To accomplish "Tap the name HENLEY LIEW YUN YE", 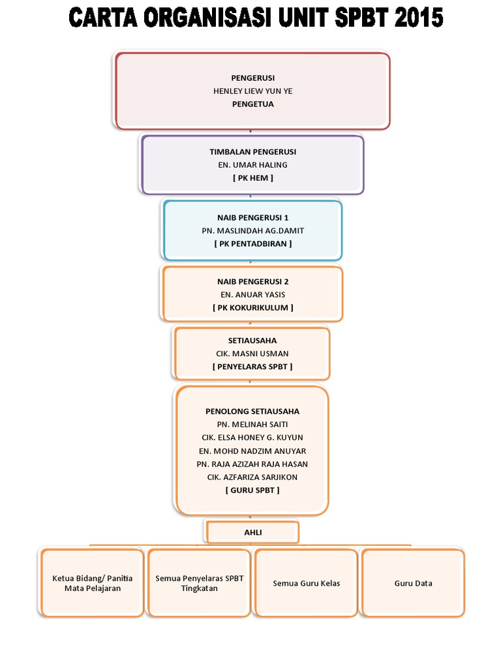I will [252, 91].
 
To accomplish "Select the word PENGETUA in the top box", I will [252, 104].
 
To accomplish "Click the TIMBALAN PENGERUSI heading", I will [252, 152].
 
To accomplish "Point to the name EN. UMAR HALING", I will [252, 165].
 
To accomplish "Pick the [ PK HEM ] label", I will [252, 178].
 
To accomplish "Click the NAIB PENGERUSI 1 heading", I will [252, 218].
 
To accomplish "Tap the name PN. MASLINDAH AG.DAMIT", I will [252, 231].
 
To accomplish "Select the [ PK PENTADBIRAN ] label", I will [252, 244].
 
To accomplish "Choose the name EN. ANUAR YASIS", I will [252, 295].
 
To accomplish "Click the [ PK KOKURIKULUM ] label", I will [252, 308].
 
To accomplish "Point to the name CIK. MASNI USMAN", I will [252, 354].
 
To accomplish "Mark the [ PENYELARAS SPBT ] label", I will [252, 367].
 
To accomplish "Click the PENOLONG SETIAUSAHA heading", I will [252, 412].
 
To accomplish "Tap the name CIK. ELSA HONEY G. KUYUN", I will [252, 438].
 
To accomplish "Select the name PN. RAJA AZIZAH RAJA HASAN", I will [252, 464].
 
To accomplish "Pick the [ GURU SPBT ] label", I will [252, 490].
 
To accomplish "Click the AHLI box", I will [252, 532].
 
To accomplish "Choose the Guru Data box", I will [413, 583].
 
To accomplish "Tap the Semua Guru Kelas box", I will [306, 583].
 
